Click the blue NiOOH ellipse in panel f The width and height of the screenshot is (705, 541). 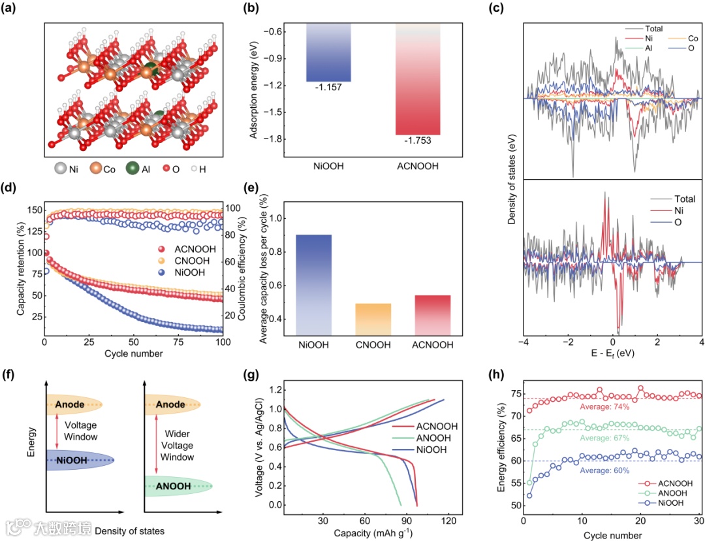pyautogui.click(x=80, y=460)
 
